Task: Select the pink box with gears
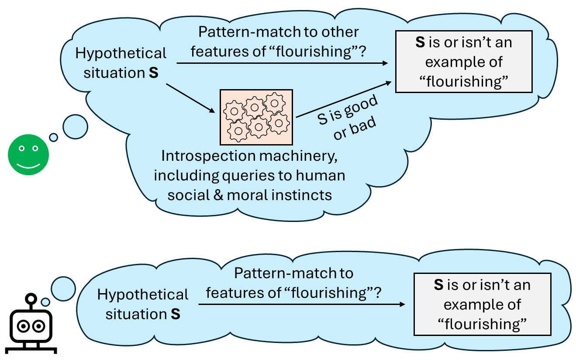coord(256,117)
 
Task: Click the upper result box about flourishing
coord(463,62)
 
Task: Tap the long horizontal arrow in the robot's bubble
coord(301,304)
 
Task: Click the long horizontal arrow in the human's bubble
coord(282,64)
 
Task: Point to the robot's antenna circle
coord(31,299)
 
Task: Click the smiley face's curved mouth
coord(28,166)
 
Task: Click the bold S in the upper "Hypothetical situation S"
coord(153,73)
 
